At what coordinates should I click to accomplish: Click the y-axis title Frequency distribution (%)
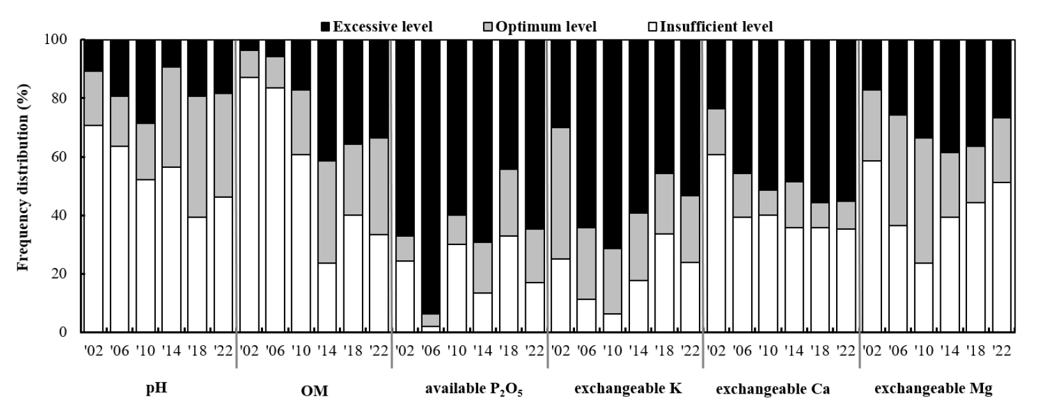pos(24,185)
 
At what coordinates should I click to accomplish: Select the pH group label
pos(156,389)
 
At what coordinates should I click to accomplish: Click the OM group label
pos(314,391)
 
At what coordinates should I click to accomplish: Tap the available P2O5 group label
pos(474,390)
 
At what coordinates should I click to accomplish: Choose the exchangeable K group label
pos(628,389)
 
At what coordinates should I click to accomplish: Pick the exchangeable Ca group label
pos(773,389)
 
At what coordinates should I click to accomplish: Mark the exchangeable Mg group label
pos(932,389)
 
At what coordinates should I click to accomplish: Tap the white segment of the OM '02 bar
pos(249,204)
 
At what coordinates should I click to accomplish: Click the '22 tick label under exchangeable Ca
pos(846,350)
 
